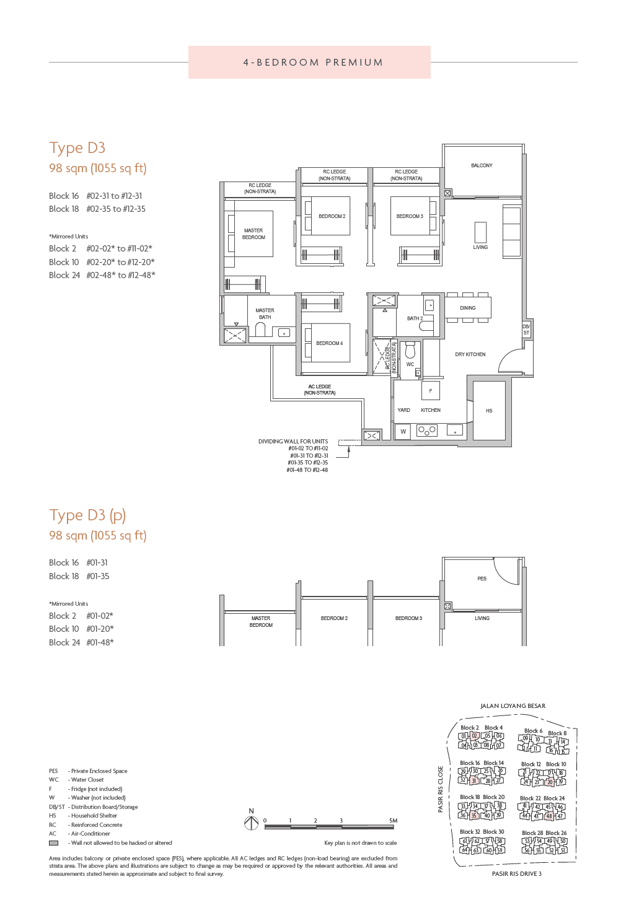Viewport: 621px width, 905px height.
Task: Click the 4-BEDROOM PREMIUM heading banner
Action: (310, 63)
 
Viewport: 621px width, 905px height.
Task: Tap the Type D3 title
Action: (77, 148)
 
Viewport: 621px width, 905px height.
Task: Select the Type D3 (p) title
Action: (87, 515)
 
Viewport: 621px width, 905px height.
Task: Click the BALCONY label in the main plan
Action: (482, 165)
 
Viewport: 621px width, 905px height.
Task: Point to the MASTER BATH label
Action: (265, 314)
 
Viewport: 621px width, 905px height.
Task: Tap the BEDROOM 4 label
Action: (329, 343)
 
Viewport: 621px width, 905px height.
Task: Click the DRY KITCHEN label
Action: (470, 355)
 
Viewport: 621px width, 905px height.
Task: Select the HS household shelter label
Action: (489, 411)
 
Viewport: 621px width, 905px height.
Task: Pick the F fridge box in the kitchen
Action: (431, 391)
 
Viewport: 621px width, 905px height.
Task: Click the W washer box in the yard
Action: (403, 432)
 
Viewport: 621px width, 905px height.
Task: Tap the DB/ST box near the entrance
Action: (526, 330)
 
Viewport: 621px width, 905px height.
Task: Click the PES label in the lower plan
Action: (482, 579)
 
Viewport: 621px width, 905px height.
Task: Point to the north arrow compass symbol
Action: (251, 823)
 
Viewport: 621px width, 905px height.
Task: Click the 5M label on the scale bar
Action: (393, 820)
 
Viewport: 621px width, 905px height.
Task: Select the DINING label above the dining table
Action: (468, 308)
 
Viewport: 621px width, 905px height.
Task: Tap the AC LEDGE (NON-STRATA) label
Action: (320, 390)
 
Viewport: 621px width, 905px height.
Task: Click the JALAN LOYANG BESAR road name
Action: (513, 706)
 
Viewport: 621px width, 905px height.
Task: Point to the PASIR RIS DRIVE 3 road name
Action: (516, 874)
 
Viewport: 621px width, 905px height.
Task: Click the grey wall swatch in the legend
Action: (54, 843)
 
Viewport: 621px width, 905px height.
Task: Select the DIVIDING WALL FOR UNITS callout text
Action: (293, 442)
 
